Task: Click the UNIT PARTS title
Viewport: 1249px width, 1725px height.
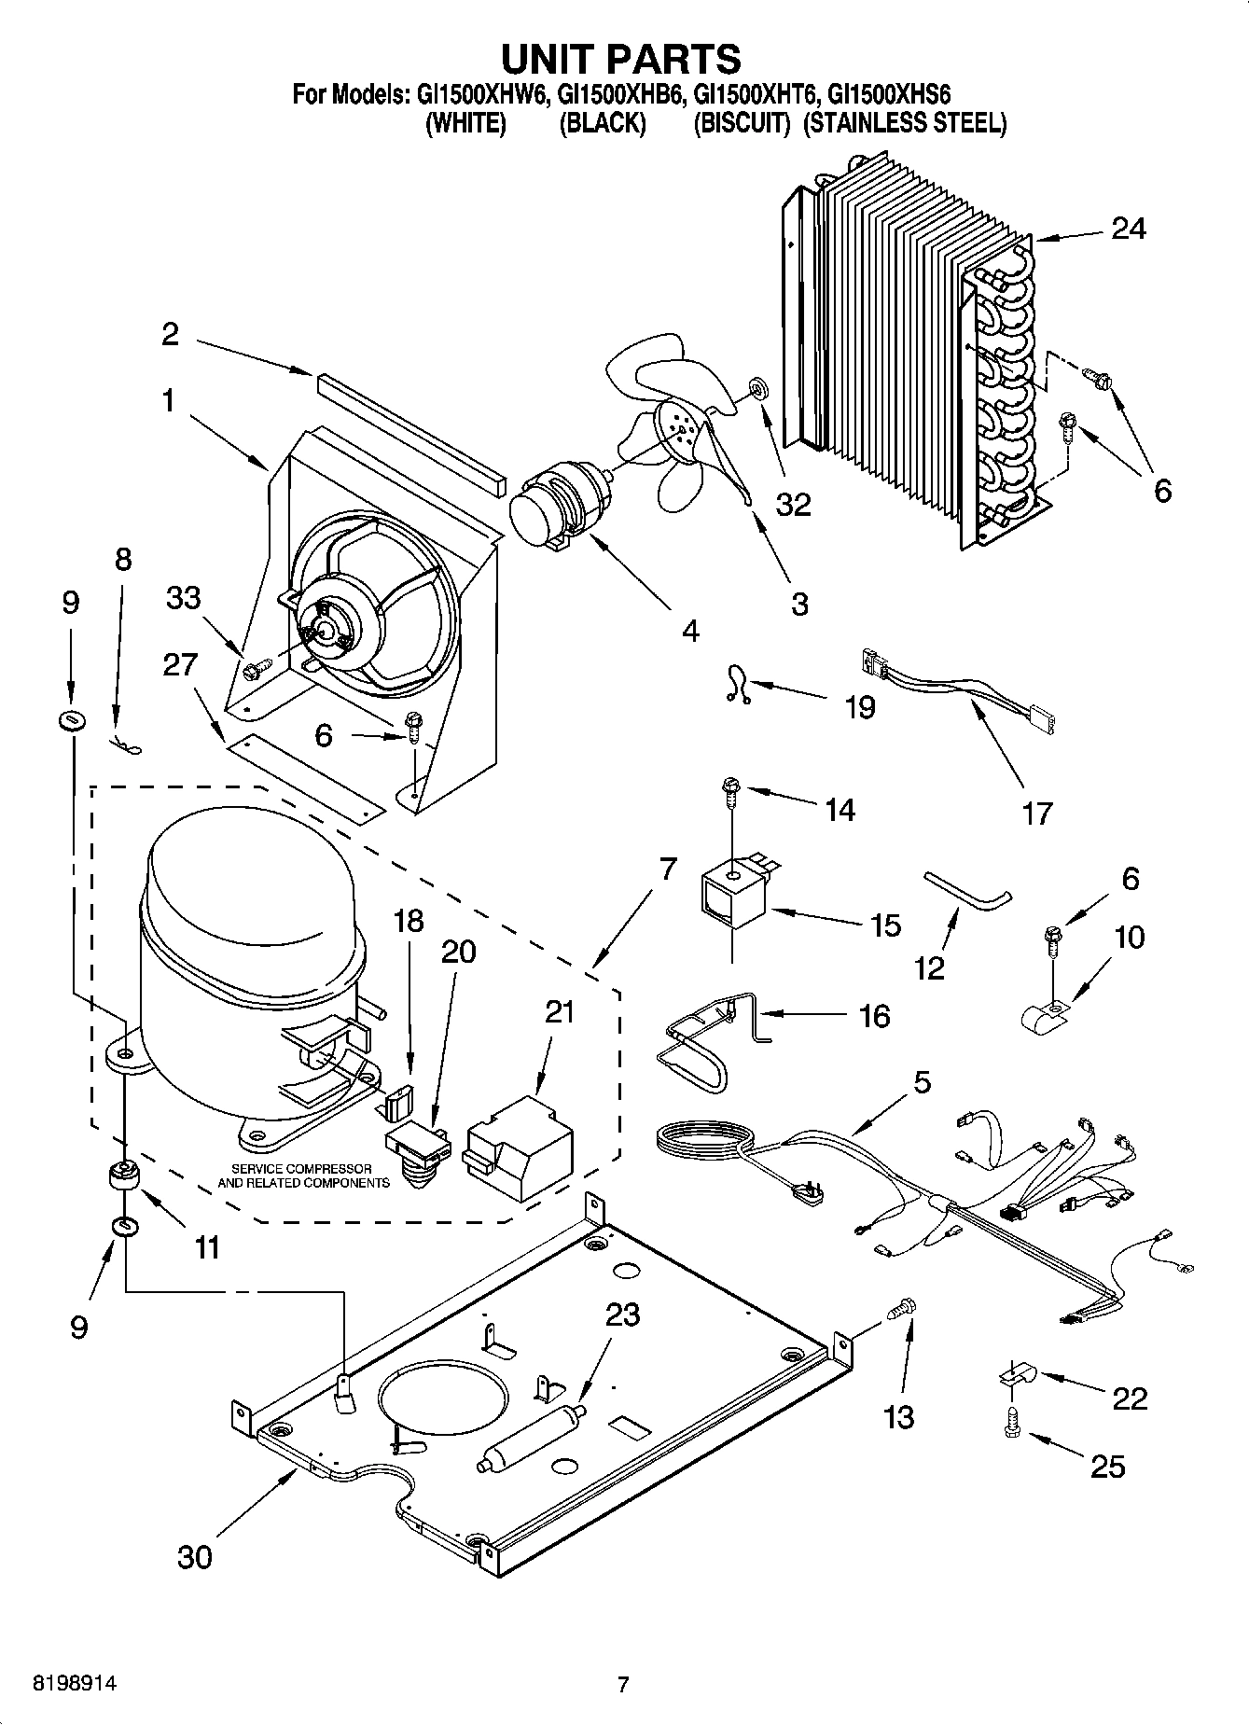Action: pos(621,58)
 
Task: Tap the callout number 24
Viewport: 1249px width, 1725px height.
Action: pos(1128,229)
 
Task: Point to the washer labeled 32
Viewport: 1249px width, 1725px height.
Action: pos(756,385)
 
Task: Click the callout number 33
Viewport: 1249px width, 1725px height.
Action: pos(183,597)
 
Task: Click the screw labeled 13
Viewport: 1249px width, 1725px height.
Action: pos(900,1308)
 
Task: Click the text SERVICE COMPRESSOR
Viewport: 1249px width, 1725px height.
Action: pos(301,1169)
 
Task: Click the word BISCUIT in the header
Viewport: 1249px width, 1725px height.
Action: pos(742,123)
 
